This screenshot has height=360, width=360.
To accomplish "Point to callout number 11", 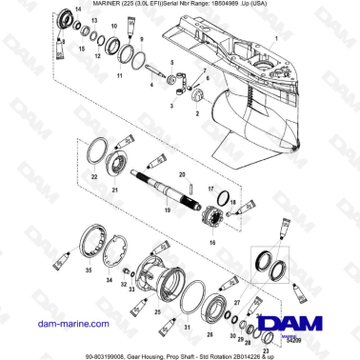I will pos(120,72).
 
